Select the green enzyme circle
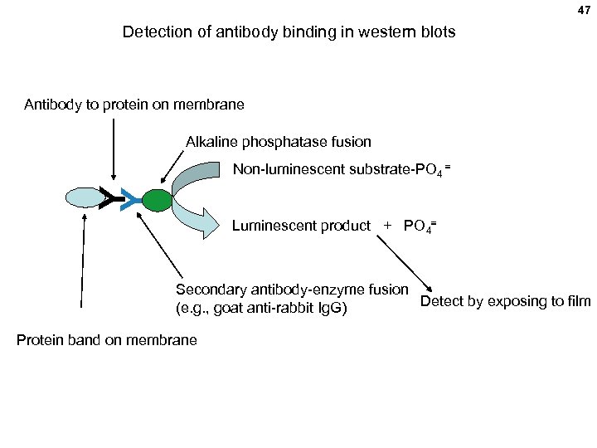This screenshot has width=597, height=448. coord(156,199)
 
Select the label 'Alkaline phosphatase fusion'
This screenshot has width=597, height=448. coord(278,142)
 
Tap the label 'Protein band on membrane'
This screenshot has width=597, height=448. coord(106,339)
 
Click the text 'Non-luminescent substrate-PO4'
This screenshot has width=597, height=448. coord(341,170)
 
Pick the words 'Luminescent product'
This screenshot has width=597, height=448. coord(301,226)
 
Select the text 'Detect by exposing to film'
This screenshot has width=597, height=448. coord(505,301)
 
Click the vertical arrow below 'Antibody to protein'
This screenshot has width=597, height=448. coord(113,149)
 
